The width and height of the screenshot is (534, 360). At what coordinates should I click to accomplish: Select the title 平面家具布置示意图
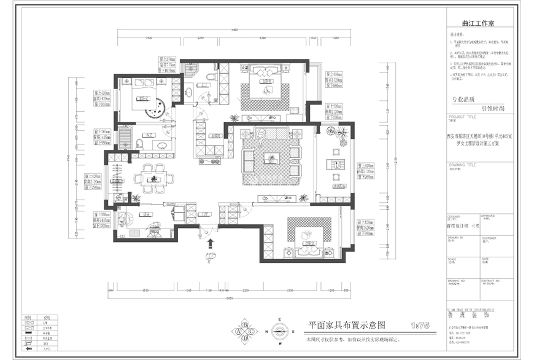tap(347, 324)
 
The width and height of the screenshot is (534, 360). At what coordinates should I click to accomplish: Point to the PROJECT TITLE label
tap(462, 115)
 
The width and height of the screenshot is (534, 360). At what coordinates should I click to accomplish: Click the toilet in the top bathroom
tap(211, 77)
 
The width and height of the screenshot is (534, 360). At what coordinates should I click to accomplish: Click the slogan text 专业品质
tap(463, 98)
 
